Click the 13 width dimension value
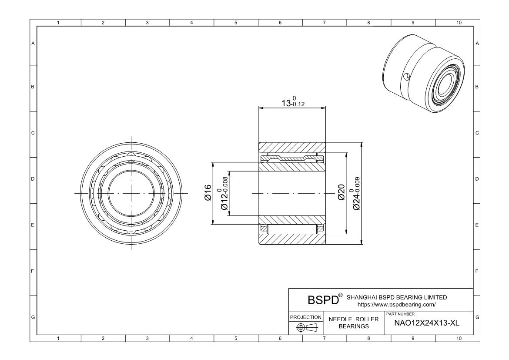tap(292, 103)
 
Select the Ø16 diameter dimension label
tap(208, 192)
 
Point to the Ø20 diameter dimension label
tap(342, 192)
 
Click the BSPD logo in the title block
tap(323, 300)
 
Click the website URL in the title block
tap(396, 304)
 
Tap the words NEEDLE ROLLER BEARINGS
tap(354, 323)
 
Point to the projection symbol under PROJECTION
tap(306, 327)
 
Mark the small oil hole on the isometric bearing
tap(406, 77)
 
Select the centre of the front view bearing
tap(131, 193)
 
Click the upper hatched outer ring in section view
tap(292, 147)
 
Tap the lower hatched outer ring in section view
tap(292, 239)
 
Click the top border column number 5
tap(235, 23)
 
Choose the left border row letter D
tap(33, 179)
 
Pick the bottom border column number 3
tap(147, 338)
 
